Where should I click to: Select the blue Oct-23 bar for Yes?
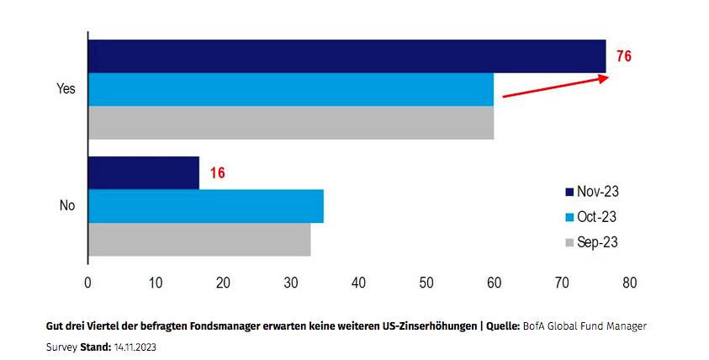290,89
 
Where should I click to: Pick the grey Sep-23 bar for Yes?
290,122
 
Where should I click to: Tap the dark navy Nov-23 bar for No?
144,173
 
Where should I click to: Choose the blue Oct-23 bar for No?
205,206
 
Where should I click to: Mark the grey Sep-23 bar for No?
199,239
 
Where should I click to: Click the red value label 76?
622,56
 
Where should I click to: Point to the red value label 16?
218,172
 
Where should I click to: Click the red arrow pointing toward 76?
555,87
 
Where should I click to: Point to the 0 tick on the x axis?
88,283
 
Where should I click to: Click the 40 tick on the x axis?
359,283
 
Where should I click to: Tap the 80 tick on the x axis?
629,283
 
